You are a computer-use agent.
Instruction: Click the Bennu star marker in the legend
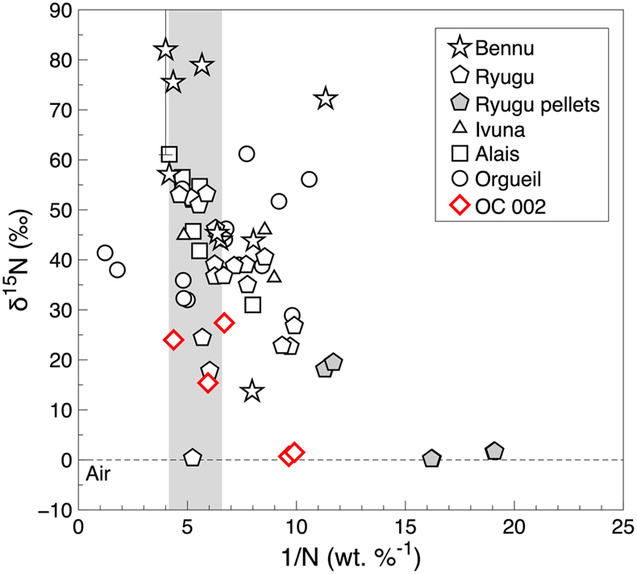[460, 47]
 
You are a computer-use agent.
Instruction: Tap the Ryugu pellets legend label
[537, 105]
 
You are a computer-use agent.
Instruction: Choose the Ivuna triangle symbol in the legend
[460, 128]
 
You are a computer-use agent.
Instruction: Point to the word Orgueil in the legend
[508, 179]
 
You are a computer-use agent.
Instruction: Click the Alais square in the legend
[460, 153]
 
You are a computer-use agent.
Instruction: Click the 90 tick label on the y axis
[60, 10]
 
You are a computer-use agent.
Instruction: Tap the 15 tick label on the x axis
[405, 528]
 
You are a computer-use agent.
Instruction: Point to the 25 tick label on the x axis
[622, 528]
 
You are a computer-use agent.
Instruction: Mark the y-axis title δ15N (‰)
[20, 259]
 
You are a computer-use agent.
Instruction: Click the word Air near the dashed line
[98, 475]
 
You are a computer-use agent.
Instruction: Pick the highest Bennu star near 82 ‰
[165, 49]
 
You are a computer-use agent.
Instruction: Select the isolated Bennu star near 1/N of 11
[326, 98]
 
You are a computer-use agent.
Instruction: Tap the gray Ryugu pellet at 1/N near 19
[494, 451]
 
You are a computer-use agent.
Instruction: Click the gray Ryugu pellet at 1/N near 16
[431, 459]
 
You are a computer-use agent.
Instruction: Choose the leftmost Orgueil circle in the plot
[105, 253]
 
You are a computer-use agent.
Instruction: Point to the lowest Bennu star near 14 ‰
[252, 391]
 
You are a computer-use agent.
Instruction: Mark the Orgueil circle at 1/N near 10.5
[309, 179]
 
